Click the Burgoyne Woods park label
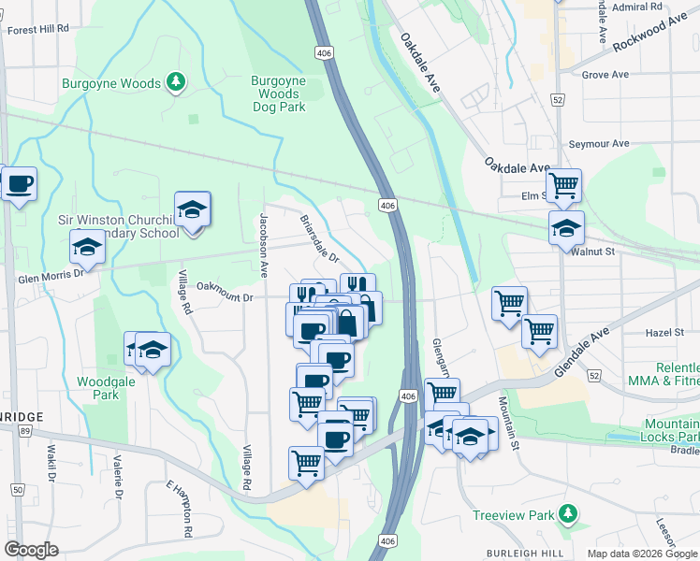point(111,84)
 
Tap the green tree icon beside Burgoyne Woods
point(175,83)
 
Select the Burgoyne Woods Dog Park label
point(279,93)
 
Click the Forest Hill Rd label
point(38,29)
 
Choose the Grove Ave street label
point(605,74)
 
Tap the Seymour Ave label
point(599,144)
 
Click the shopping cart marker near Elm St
point(563,185)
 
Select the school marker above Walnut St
point(566,227)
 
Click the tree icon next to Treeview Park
point(566,513)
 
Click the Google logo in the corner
point(31,550)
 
